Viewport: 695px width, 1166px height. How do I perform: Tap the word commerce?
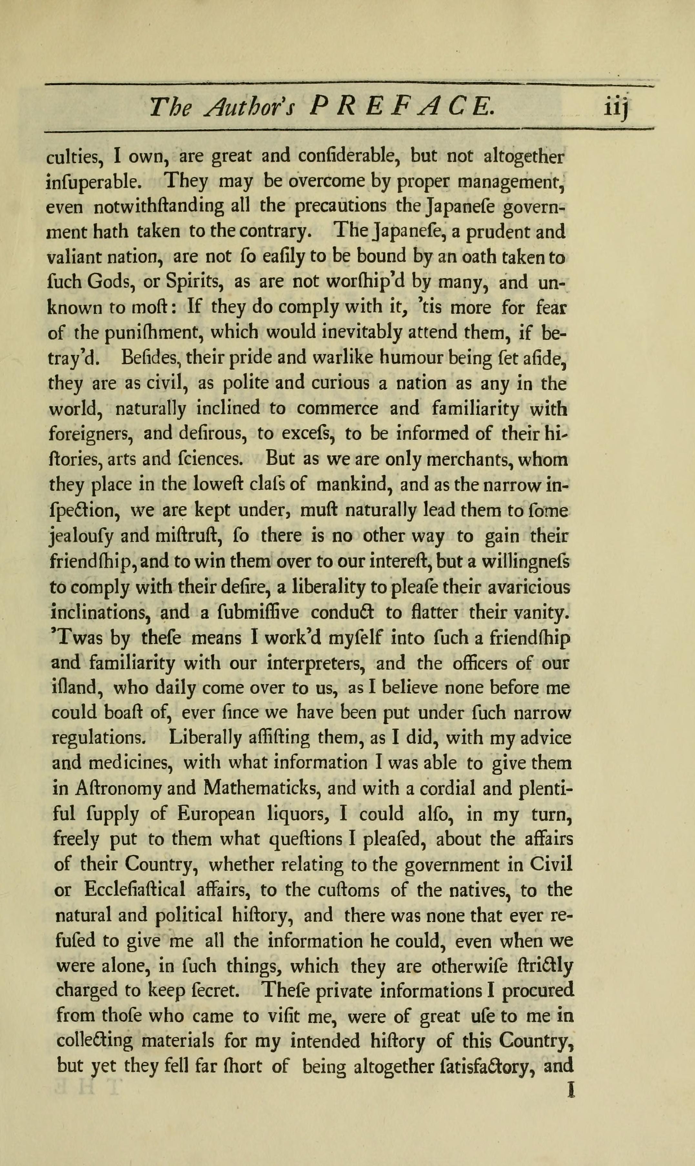[337, 410]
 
